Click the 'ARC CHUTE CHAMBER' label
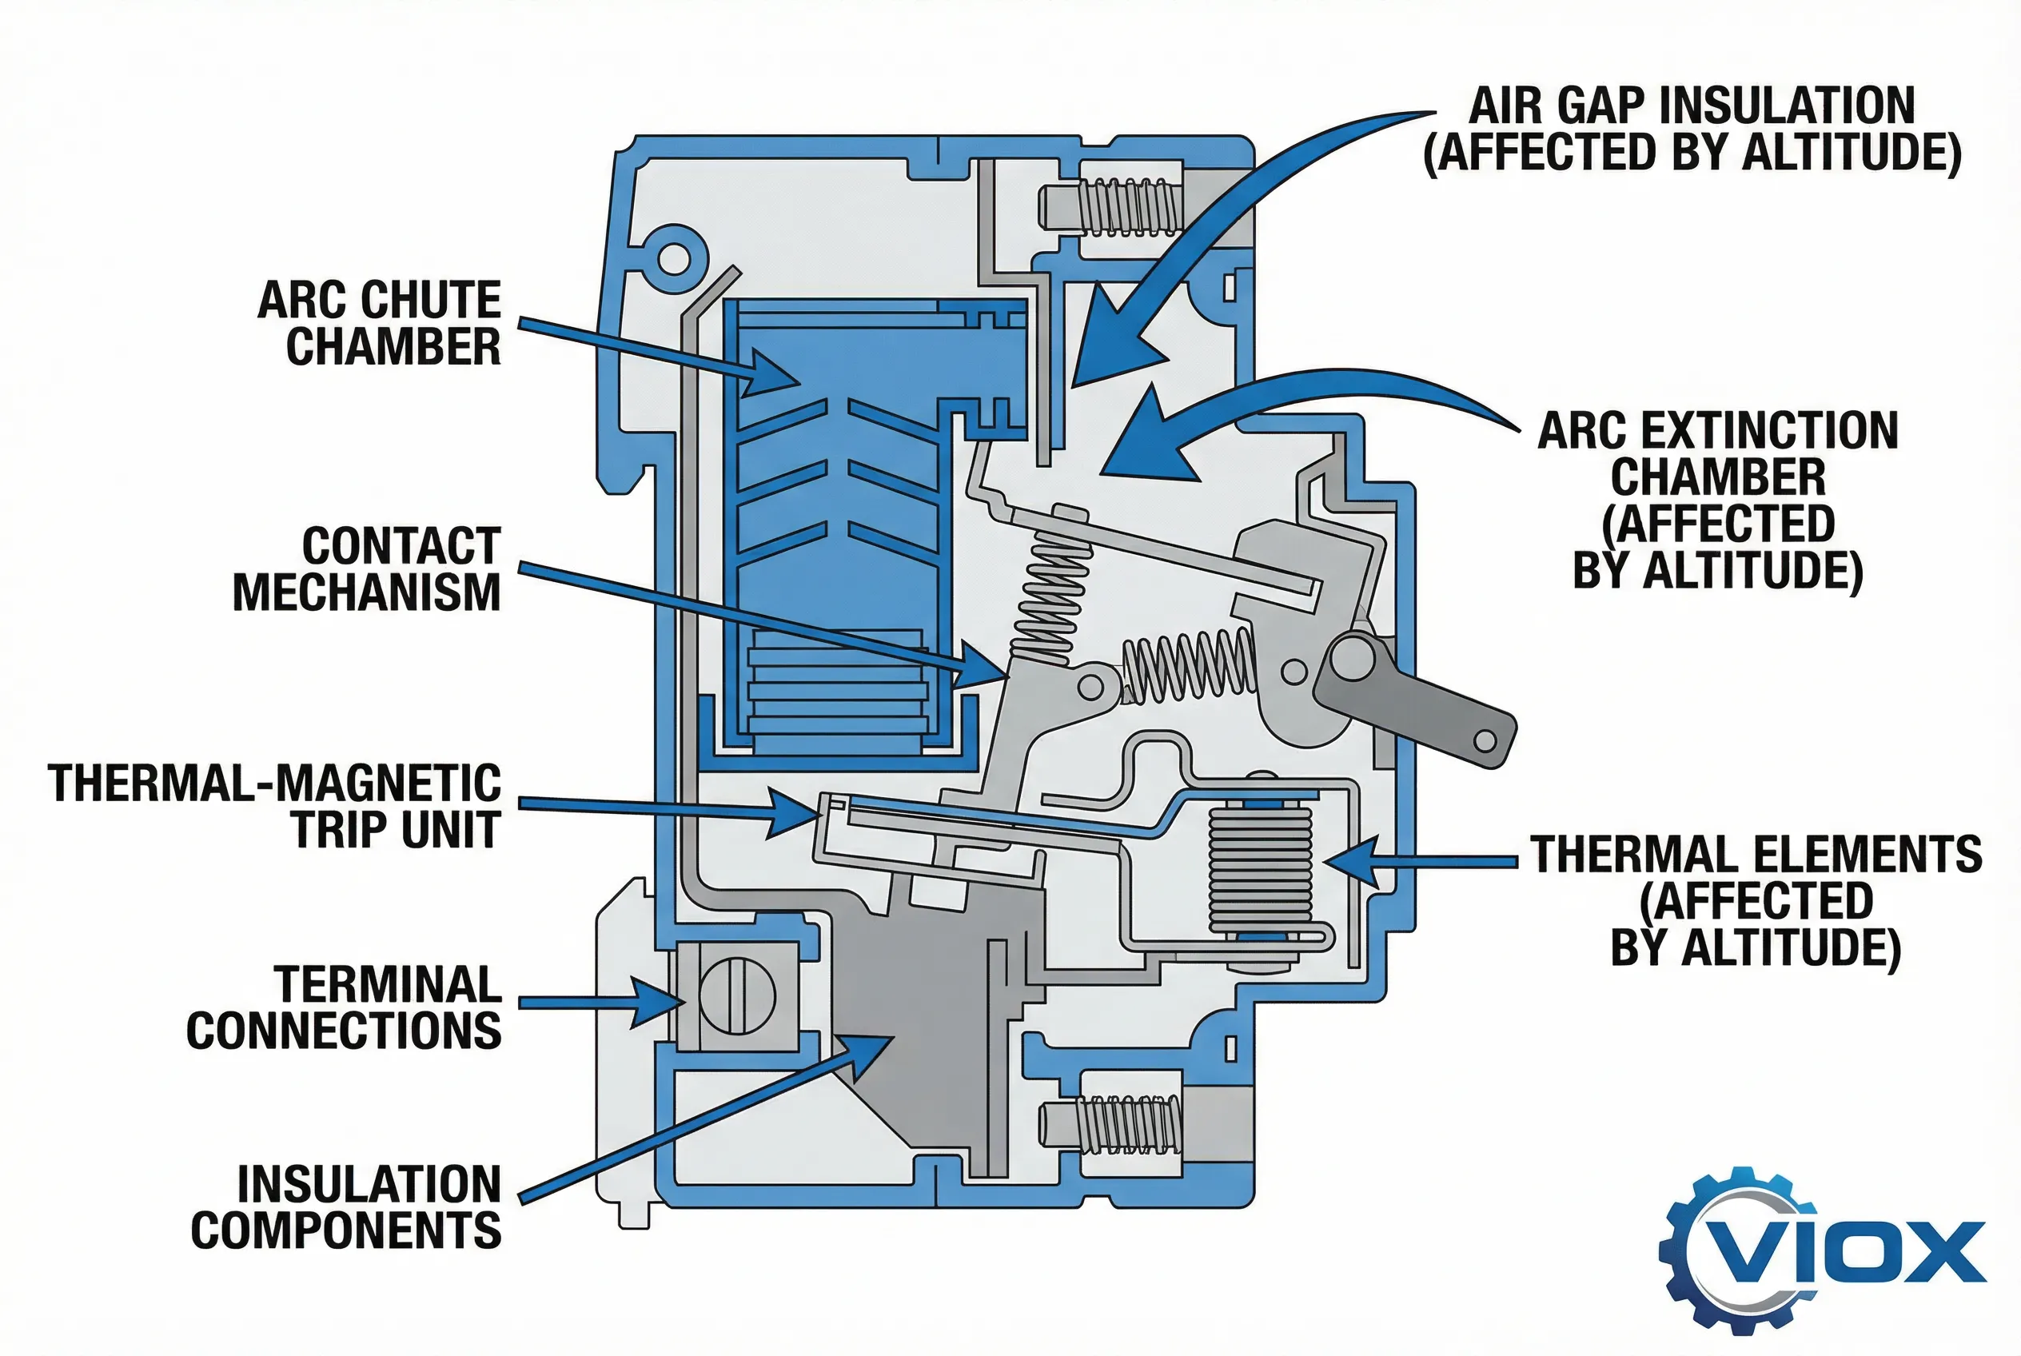coord(380,322)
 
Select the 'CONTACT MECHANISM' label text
coord(367,569)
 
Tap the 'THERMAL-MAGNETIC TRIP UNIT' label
coord(275,806)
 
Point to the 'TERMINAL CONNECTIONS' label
coord(345,1007)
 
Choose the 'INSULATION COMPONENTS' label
coord(346,1207)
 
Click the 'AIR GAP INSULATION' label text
coord(1692,106)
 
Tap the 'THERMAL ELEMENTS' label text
coord(1756,854)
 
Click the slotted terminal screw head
coord(737,995)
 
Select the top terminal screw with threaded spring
coord(1111,207)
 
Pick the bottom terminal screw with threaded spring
coord(1111,1125)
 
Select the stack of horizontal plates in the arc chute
coord(837,692)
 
